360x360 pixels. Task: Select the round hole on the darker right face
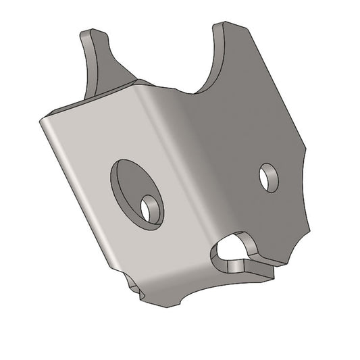pyautogui.click(x=268, y=178)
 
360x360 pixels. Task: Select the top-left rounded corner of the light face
pyautogui.click(x=45, y=120)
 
